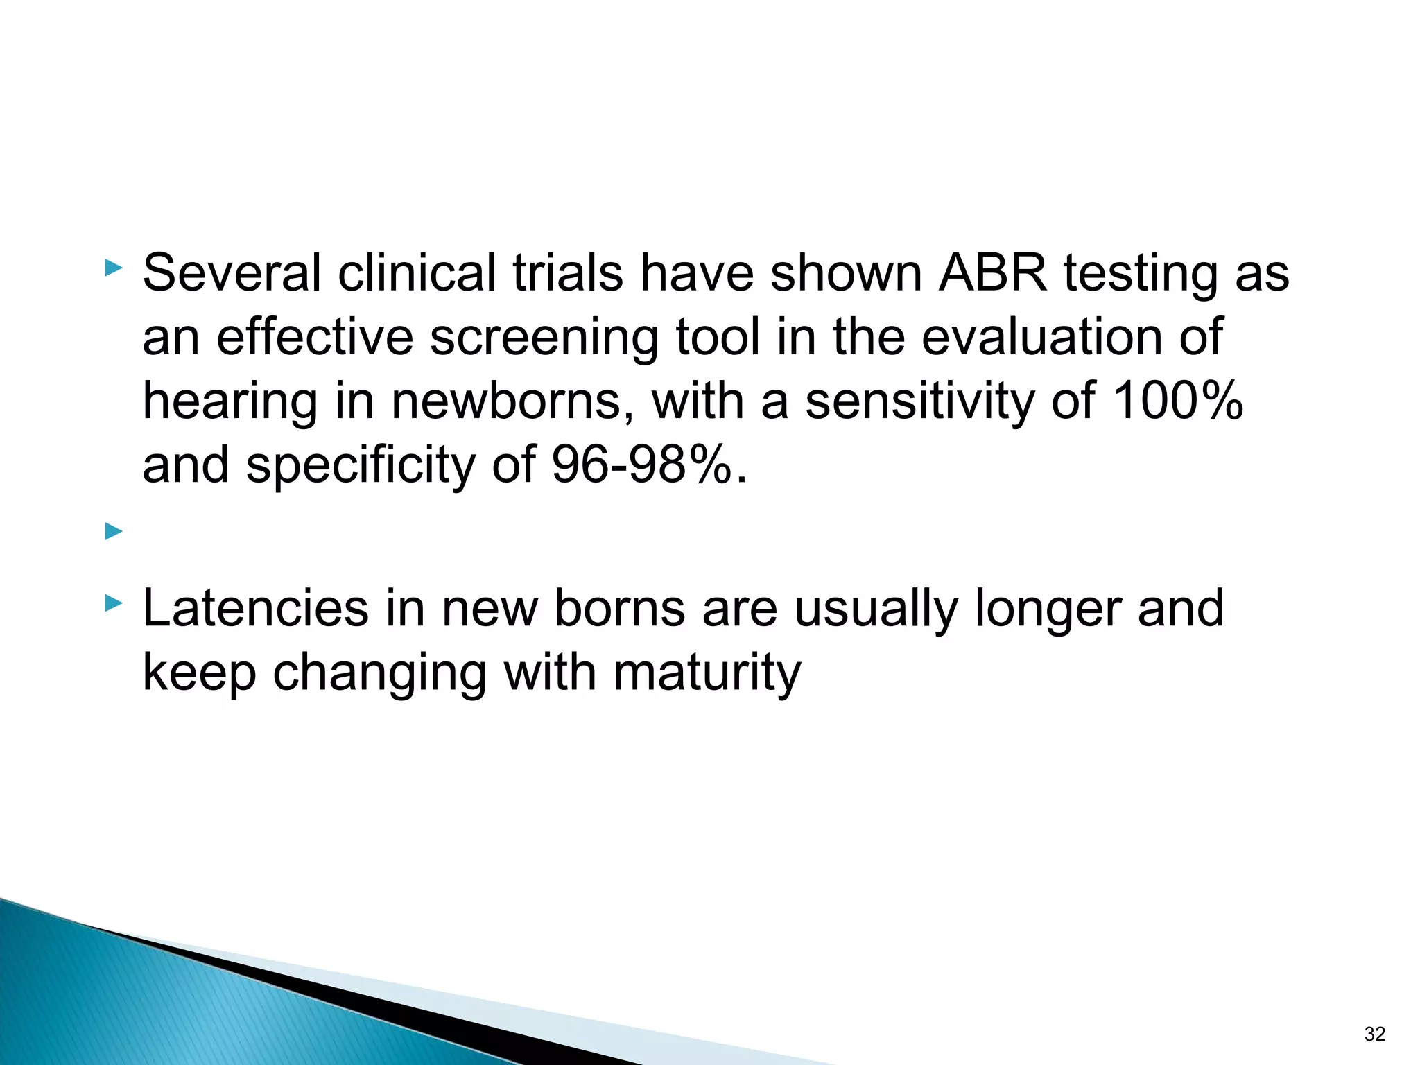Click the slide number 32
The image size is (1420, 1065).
pyautogui.click(x=1374, y=1034)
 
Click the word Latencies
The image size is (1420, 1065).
pyautogui.click(x=255, y=608)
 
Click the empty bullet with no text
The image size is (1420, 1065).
pyautogui.click(x=114, y=532)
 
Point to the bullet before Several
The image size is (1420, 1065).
pyautogui.click(x=114, y=268)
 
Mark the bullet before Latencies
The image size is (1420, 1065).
pyautogui.click(x=114, y=603)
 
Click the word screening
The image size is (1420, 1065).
pyautogui.click(x=544, y=338)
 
